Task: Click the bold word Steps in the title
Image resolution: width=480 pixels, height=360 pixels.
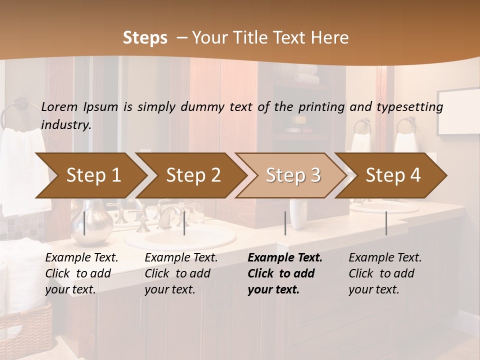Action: point(145,38)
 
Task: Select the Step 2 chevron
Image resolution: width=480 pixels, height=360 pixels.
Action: point(193,175)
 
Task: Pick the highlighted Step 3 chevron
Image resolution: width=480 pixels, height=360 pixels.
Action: point(293,175)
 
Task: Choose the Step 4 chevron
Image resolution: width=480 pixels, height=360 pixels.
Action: point(393,175)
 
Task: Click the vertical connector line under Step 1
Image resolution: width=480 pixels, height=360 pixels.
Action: point(84,223)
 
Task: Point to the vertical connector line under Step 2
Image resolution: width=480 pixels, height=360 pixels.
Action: point(184,223)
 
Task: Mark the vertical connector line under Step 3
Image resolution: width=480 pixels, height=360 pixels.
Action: point(285,223)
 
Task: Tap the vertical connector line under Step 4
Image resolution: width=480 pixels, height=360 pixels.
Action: point(386,223)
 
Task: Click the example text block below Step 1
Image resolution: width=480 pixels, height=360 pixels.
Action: point(81,273)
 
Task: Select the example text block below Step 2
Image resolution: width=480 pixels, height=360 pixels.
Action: point(181,273)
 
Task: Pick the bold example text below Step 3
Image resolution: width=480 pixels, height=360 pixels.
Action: point(285,273)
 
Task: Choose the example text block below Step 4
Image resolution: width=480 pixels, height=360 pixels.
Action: point(385,273)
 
